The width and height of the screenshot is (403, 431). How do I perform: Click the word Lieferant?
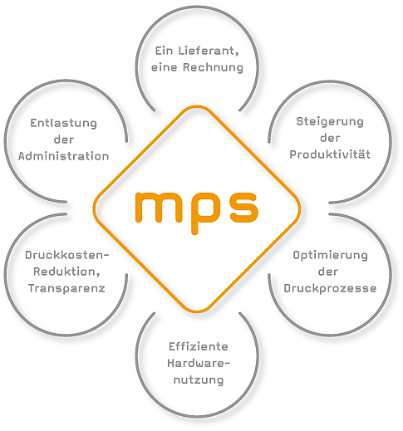click(x=209, y=51)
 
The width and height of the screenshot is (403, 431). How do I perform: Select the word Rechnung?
click(x=213, y=67)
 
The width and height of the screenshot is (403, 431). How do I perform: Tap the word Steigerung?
click(x=330, y=122)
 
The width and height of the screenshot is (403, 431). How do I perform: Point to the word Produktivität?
click(x=330, y=154)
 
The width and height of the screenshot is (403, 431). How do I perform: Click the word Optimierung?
click(x=330, y=256)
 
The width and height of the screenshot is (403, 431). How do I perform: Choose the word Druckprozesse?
click(x=330, y=288)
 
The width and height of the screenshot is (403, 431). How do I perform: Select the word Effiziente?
click(x=199, y=346)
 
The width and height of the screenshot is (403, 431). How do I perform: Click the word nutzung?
click(x=199, y=380)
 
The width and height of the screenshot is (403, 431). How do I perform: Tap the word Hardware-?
click(x=199, y=363)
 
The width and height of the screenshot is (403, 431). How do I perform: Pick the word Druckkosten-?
click(x=67, y=255)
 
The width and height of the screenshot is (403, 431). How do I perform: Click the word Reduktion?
click(x=66, y=272)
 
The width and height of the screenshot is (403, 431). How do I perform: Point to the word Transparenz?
click(x=66, y=288)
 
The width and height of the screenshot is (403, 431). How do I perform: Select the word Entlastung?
click(x=63, y=123)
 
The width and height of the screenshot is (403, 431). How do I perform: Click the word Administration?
click(x=63, y=156)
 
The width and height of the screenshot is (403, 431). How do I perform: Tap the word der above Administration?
click(x=64, y=140)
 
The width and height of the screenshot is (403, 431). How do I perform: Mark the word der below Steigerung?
click(x=330, y=138)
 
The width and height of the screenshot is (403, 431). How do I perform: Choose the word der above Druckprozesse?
click(x=328, y=272)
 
